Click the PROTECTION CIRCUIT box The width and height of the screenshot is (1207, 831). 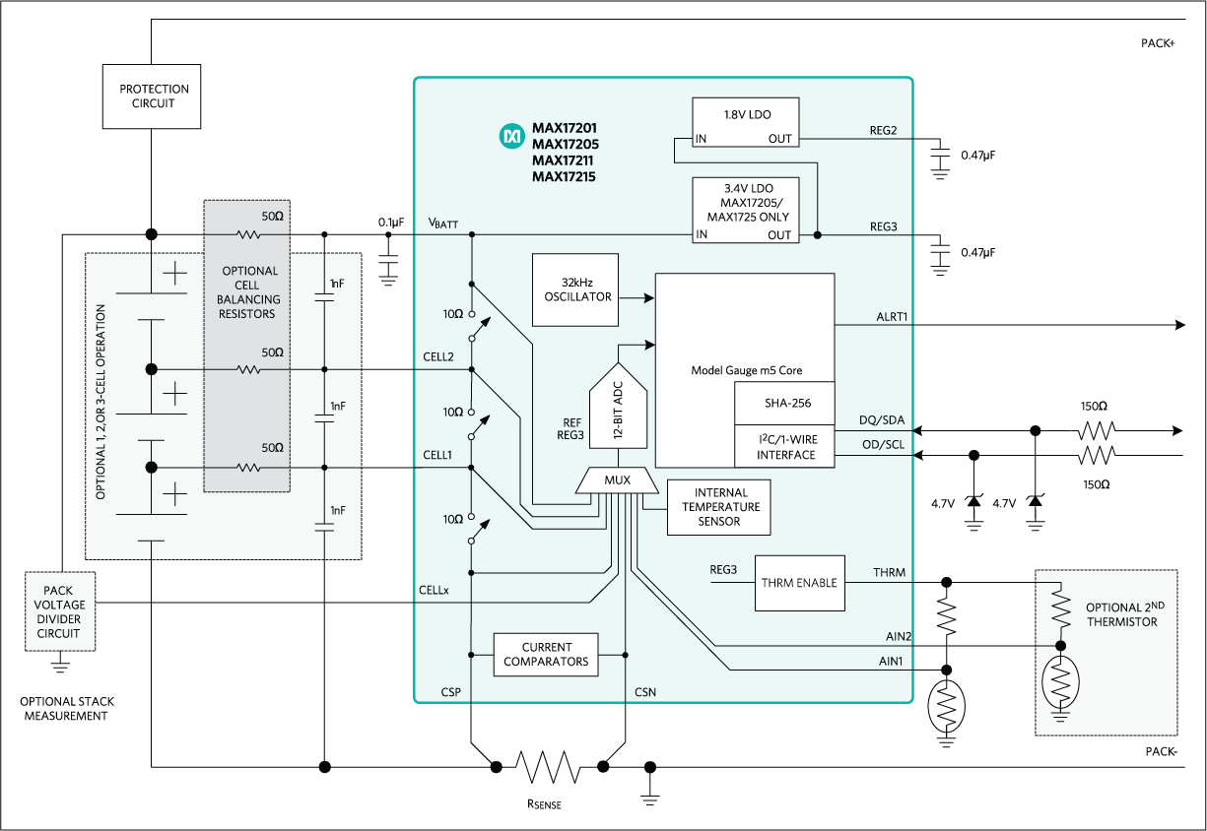coord(152,96)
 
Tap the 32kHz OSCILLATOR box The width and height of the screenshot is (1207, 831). coord(575,289)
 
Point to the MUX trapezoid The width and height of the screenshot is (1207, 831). coord(617,480)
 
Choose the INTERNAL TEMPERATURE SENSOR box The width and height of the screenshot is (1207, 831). coord(720,507)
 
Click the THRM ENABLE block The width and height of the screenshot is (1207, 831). coord(799,583)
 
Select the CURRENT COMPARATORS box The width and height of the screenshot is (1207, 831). coord(546,654)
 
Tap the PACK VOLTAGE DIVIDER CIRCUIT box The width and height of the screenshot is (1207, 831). coord(59,611)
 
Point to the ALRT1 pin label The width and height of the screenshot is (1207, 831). coord(892,316)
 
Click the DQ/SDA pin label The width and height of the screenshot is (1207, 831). coord(881,420)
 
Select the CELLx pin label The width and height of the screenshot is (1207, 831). coord(435,591)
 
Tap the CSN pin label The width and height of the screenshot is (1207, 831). coord(645,692)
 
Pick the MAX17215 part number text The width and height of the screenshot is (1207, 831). coord(565,177)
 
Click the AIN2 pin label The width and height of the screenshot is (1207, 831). coord(889,636)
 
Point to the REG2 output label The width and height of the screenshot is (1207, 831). coord(884,130)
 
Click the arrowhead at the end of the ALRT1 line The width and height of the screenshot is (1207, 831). coord(1179,325)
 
